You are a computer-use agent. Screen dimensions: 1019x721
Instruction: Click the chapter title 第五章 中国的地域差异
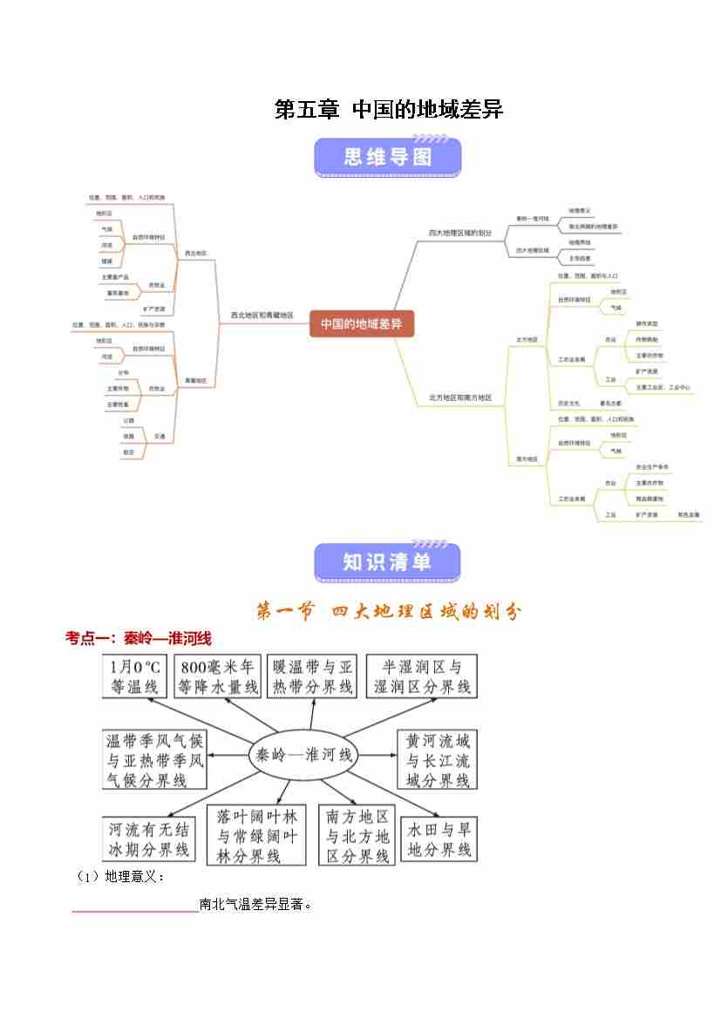[389, 110]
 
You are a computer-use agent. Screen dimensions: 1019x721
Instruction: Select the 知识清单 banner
[387, 562]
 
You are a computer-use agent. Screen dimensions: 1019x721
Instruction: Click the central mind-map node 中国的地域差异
[361, 324]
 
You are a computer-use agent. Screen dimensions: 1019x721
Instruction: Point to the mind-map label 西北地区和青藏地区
[262, 316]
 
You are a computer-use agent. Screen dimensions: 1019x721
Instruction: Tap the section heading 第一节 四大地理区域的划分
[388, 612]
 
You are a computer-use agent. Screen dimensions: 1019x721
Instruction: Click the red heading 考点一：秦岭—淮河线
[139, 639]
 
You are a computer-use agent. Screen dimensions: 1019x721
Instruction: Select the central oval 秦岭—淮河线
[303, 755]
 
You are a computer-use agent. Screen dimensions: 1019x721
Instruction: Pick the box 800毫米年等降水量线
[218, 676]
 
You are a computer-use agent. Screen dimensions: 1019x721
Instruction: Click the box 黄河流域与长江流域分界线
[439, 760]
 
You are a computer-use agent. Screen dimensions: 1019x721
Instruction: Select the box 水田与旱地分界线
[439, 839]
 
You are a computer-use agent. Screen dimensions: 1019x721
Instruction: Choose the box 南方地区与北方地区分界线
[357, 836]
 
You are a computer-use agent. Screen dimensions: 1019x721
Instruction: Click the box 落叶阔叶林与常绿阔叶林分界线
[257, 836]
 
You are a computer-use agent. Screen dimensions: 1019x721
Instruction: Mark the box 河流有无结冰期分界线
[148, 839]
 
